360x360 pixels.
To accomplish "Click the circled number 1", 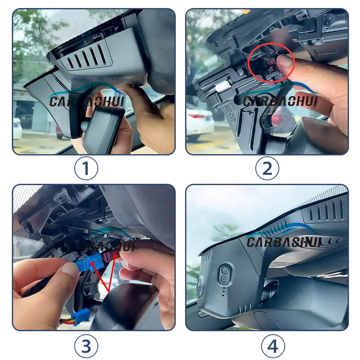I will click(86, 169).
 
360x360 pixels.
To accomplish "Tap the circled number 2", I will click(267, 169).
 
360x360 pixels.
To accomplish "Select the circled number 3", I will click(86, 346).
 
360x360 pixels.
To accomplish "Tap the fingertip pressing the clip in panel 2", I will click(285, 63).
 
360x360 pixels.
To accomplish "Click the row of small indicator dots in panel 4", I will click(223, 291).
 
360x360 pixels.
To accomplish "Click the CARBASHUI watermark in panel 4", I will click(284, 242).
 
